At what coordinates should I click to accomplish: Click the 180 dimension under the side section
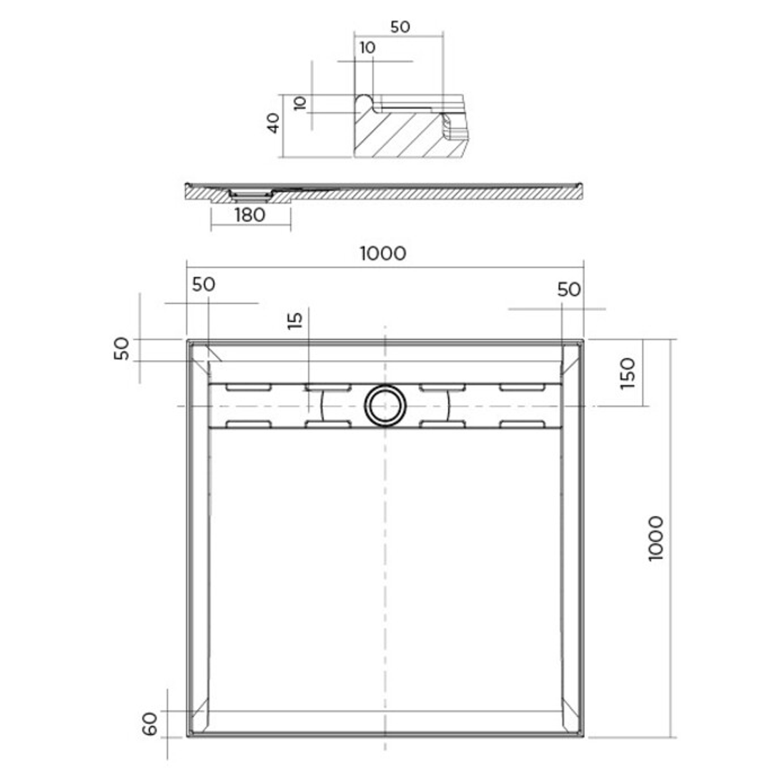click(x=249, y=214)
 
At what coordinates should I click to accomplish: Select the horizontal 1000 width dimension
click(x=383, y=253)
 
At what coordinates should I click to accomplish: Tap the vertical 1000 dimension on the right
click(x=656, y=538)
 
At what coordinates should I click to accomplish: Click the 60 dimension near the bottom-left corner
click(x=149, y=723)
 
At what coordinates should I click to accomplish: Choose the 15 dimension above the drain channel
click(x=297, y=319)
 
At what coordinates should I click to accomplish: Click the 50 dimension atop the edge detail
click(x=400, y=27)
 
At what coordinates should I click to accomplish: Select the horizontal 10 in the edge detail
click(x=367, y=48)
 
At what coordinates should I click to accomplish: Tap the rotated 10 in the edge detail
click(x=300, y=103)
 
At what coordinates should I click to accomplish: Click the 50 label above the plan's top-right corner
click(x=569, y=289)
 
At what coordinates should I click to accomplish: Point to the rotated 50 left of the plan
click(x=122, y=349)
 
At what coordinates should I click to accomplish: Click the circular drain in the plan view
click(x=385, y=405)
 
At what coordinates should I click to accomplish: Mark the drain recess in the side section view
click(x=249, y=193)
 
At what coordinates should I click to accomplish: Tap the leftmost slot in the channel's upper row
click(x=248, y=387)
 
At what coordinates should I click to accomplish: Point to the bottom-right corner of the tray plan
click(x=583, y=736)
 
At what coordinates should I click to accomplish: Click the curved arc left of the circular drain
click(x=322, y=406)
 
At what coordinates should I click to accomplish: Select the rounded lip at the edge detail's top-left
click(x=364, y=100)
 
